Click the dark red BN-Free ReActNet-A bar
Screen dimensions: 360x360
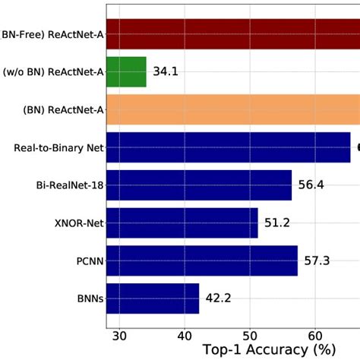coord(232,34)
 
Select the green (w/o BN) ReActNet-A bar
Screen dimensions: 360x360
coord(126,71)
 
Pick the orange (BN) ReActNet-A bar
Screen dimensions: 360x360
coord(232,109)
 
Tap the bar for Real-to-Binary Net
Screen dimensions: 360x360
coord(228,147)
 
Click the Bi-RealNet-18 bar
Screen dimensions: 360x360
coord(199,185)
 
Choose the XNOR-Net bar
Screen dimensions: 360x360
coord(182,223)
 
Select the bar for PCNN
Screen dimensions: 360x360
coord(202,261)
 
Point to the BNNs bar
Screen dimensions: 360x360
coord(153,298)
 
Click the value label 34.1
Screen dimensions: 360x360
coord(166,72)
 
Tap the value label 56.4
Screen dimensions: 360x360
coord(311,185)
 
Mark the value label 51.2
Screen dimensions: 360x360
coord(277,223)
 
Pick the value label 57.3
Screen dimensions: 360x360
coord(317,261)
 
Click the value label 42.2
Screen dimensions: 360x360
coord(219,299)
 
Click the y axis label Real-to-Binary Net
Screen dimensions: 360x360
coord(58,147)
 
